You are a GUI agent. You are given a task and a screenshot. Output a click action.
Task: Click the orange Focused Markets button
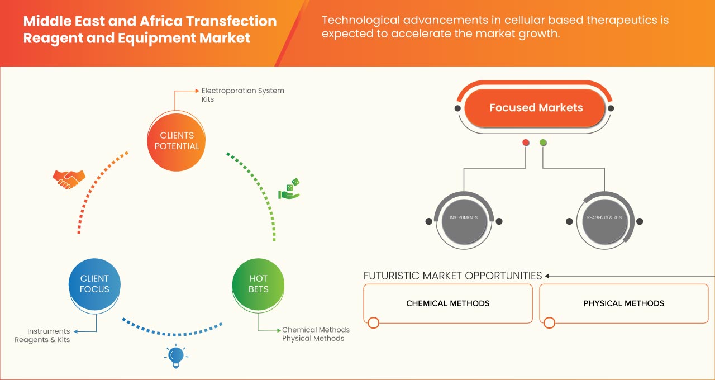pos(536,108)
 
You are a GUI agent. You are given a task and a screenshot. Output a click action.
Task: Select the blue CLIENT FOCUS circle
pos(94,284)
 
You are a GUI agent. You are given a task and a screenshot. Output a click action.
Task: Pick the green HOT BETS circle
pos(259,284)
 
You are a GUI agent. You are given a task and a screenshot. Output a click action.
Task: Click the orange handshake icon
pos(69,179)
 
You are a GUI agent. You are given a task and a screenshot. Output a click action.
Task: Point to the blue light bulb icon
pos(176,356)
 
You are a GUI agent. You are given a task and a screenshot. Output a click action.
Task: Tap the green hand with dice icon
pos(289,189)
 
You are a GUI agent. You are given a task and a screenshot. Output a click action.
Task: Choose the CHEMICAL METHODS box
pos(447,303)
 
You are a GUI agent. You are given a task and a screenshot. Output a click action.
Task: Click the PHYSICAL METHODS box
pos(623,303)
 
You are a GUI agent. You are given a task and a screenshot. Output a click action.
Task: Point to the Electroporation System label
pos(242,91)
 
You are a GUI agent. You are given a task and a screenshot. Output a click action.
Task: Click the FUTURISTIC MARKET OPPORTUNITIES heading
pos(452,275)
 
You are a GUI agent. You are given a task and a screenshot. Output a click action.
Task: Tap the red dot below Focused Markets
pos(526,143)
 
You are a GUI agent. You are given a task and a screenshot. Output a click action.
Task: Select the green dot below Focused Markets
pos(543,143)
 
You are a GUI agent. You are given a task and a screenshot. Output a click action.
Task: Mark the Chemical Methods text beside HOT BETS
pos(316,330)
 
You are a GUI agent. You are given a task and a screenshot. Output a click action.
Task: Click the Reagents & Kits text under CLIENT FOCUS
pos(42,340)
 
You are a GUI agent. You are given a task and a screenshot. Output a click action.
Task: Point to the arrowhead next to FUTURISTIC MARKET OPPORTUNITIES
pos(547,275)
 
